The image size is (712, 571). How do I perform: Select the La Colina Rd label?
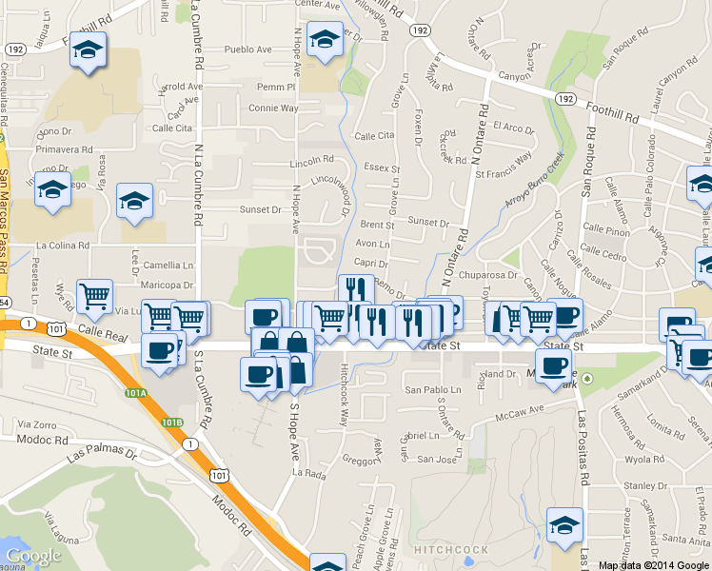[x=63, y=245]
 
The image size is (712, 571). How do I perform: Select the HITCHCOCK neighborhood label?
[x=451, y=550]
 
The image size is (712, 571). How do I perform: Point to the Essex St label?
[x=383, y=167]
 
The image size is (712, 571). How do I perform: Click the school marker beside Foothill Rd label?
[x=89, y=51]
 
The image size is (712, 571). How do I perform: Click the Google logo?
[x=32, y=557]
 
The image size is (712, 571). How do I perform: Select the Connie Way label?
[x=273, y=108]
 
